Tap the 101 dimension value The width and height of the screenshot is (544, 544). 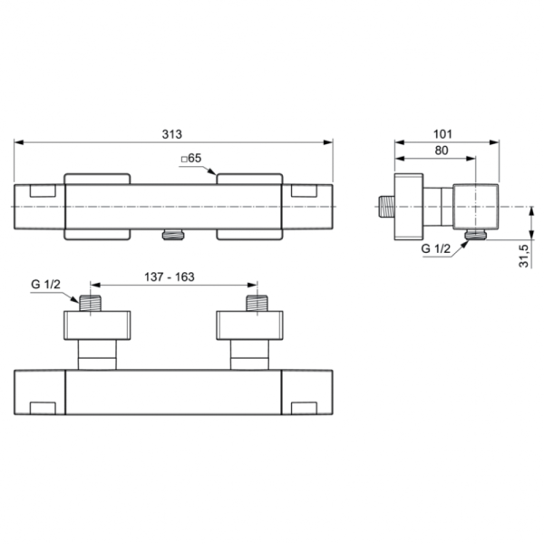tap(443, 133)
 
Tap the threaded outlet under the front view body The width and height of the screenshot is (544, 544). tap(172, 236)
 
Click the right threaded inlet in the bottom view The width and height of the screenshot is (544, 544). tap(257, 303)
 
